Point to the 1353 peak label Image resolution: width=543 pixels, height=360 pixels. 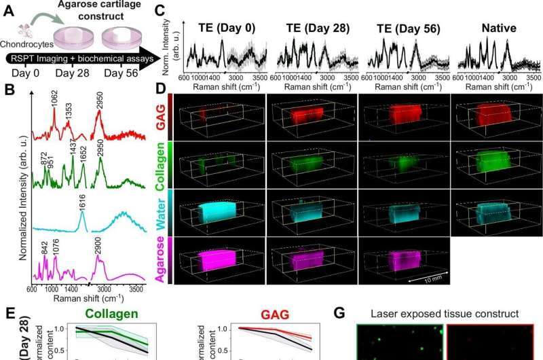pyautogui.click(x=68, y=113)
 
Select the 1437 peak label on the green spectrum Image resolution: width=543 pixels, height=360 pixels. pyautogui.click(x=72, y=145)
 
